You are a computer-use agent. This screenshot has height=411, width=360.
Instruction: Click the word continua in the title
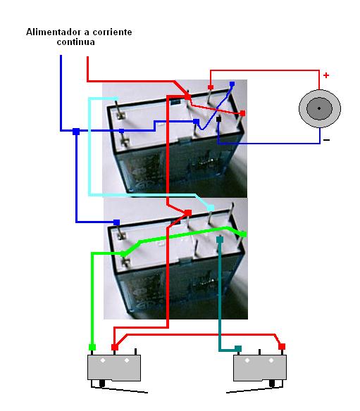click(76, 42)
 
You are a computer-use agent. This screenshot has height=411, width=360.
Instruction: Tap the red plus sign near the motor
click(326, 75)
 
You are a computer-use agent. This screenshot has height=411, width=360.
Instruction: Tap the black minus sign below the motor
click(326, 140)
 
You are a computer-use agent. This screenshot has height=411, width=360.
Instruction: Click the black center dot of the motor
click(319, 108)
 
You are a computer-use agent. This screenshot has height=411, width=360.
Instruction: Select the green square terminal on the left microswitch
click(92, 347)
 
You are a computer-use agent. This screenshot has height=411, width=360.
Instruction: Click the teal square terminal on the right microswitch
click(238, 348)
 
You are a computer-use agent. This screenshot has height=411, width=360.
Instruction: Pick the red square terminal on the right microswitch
click(282, 346)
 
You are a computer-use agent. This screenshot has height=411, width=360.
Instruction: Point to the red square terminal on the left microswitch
click(115, 347)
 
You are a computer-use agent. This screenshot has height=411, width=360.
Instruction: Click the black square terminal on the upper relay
click(219, 119)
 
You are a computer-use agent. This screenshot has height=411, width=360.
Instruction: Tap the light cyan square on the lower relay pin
click(211, 208)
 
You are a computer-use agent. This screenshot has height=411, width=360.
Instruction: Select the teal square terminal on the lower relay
click(220, 239)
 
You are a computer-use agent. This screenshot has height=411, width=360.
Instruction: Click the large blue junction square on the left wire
click(76, 132)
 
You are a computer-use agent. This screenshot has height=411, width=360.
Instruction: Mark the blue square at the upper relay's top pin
click(232, 84)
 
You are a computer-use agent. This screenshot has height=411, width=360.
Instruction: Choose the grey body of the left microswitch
click(114, 368)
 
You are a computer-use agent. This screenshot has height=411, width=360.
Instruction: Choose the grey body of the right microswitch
click(260, 368)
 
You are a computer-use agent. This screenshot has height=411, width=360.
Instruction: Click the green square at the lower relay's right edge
click(244, 234)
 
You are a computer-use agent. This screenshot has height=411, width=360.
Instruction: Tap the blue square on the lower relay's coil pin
click(116, 222)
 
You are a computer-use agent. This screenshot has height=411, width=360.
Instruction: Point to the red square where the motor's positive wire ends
click(211, 87)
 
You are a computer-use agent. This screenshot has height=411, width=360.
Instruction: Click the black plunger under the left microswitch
click(102, 384)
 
